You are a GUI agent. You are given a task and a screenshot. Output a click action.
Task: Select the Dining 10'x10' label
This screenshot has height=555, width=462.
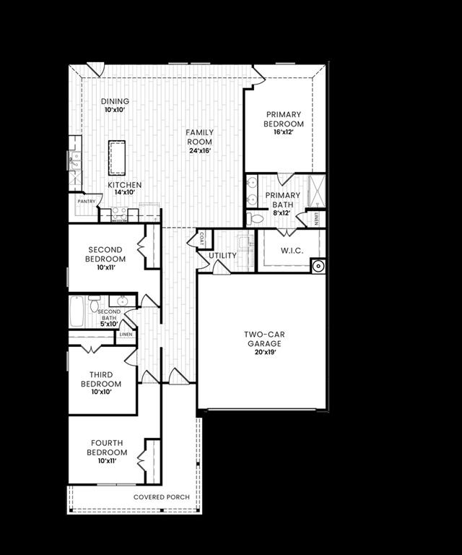pyautogui.click(x=115, y=106)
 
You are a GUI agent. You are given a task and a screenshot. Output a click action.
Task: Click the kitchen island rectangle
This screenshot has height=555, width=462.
pyautogui.click(x=117, y=158)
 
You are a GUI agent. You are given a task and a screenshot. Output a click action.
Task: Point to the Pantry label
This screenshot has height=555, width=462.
pyautogui.click(x=87, y=202)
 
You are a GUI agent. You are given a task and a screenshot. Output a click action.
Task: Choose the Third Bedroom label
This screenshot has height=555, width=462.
pyautogui.click(x=101, y=379)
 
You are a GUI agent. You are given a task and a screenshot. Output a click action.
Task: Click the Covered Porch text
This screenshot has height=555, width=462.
pyautogui.click(x=162, y=497)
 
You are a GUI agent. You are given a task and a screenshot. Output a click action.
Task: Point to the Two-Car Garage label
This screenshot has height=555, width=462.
pyautogui.click(x=262, y=339)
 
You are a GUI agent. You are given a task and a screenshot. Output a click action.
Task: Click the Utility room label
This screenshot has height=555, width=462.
pyautogui.click(x=222, y=256)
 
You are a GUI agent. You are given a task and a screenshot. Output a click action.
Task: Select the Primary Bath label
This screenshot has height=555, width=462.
pyautogui.click(x=283, y=199)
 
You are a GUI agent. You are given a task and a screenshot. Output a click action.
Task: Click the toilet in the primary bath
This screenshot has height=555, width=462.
pyautogui.click(x=256, y=218)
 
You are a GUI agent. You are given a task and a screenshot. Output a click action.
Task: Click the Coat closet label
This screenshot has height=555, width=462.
pyautogui.click(x=202, y=236)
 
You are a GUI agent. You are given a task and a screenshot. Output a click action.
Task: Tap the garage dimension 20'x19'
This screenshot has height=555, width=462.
pyautogui.click(x=262, y=353)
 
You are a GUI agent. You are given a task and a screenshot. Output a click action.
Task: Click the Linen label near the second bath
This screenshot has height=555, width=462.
pyautogui.click(x=126, y=334)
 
